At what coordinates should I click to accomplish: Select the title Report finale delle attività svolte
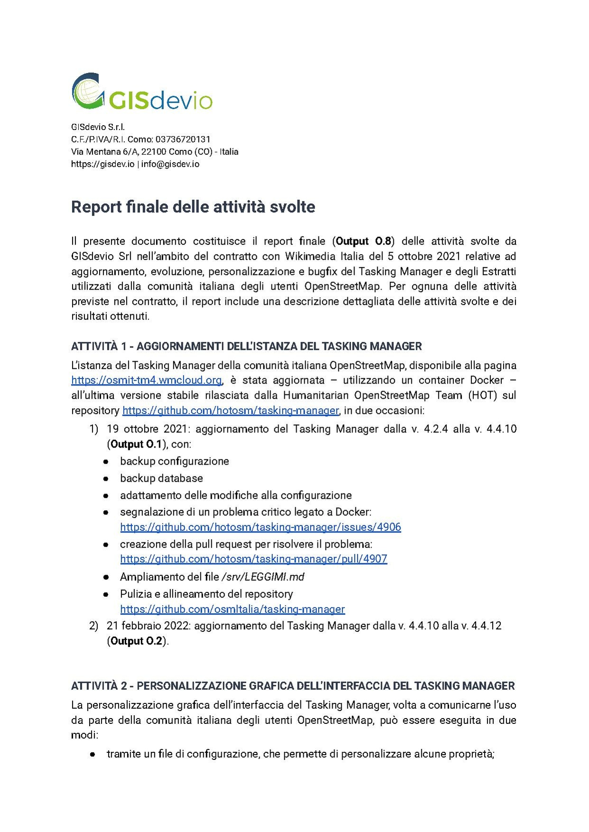point(193,207)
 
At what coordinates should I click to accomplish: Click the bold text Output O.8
point(363,241)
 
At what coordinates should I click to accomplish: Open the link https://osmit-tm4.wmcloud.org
point(147,380)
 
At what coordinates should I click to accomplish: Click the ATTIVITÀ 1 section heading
point(246,346)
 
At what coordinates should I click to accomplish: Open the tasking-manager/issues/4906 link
point(260,527)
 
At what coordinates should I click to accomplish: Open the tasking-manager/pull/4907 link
point(253,559)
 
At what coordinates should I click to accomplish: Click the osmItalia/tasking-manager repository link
point(232,609)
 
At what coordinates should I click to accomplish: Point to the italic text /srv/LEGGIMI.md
point(263,577)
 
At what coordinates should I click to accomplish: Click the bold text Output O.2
point(136,641)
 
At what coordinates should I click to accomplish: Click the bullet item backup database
point(161,478)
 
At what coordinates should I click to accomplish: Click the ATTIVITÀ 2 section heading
point(292,685)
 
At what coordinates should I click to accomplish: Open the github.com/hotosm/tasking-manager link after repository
point(231,410)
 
